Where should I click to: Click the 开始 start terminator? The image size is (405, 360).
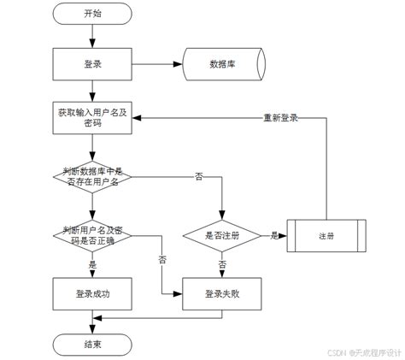pos(91,14)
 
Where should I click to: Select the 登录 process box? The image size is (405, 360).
pos(91,63)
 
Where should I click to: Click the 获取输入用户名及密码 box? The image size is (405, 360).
pos(91,118)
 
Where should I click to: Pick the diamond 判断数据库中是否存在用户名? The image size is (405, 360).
pos(91,176)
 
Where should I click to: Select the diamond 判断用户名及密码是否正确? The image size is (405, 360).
pos(91,235)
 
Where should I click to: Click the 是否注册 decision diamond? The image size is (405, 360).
pos(221,235)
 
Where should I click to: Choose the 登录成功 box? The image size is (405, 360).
pos(91,293)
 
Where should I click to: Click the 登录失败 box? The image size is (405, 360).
pos(221,293)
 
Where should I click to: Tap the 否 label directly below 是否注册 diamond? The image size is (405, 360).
pos(221,265)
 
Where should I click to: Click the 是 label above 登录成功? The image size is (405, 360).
pos(91,265)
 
